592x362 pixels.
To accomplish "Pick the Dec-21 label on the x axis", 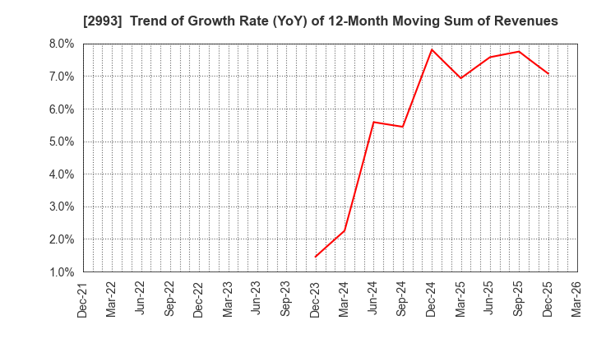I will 82,299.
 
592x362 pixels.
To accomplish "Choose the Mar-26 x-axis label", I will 577,299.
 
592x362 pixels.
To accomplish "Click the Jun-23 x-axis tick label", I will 257,299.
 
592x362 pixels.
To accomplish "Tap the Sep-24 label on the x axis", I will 402,299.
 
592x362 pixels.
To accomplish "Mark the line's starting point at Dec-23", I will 315,257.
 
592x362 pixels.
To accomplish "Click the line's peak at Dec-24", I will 432,49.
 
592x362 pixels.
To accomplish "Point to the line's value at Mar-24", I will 345,230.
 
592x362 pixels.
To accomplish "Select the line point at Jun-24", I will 373,122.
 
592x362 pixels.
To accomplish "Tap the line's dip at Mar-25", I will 460,78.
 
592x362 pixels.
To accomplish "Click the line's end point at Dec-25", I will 548,74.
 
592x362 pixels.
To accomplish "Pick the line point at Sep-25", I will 519,52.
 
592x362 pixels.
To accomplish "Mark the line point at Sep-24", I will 402,127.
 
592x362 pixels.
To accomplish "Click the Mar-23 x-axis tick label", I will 228,299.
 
